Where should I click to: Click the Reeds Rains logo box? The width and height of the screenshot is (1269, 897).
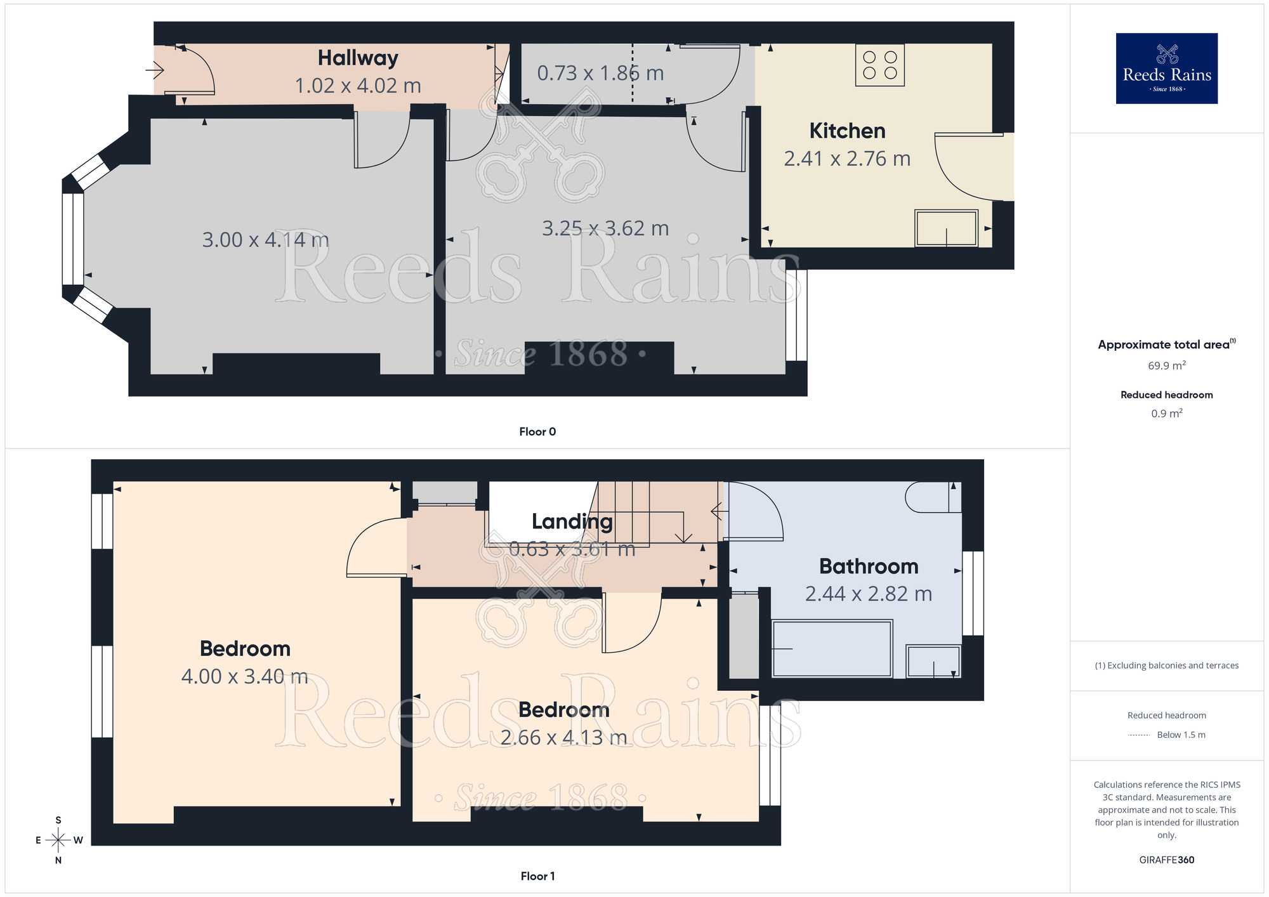1166,69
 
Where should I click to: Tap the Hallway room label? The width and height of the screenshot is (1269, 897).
358,58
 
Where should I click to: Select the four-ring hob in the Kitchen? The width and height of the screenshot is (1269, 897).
879,65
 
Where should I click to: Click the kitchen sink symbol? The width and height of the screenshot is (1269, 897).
945,228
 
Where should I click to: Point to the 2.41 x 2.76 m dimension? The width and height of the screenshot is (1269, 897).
847,159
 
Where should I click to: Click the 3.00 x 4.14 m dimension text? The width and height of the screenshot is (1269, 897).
265,240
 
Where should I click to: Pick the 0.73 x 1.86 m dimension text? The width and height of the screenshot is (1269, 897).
600,73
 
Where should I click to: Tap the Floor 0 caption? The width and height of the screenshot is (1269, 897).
537,431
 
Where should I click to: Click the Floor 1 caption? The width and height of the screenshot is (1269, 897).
537,876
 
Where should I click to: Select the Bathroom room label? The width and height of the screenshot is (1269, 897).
869,566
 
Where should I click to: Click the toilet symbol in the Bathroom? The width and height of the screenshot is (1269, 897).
932,497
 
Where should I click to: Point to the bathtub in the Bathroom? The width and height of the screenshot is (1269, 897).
832,648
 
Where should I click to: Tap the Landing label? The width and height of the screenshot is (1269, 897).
572,521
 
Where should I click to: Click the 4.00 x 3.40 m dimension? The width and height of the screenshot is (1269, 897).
245,676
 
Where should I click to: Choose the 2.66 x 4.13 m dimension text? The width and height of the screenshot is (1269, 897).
563,737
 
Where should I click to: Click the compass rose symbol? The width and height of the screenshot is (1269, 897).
58,840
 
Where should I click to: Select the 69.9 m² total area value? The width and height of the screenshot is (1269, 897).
1166,365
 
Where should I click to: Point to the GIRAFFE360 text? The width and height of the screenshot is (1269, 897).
1166,860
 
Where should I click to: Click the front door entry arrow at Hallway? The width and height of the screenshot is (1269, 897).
155,69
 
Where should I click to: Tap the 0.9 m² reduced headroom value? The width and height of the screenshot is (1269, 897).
1166,414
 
